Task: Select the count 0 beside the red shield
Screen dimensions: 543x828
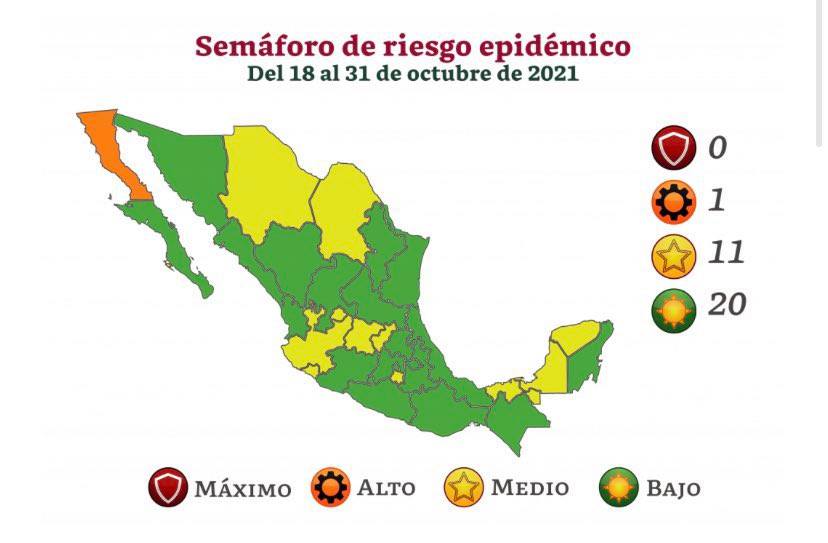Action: click(x=717, y=148)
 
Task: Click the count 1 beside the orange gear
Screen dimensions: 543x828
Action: click(x=717, y=200)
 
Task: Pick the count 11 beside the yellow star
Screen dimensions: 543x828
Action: click(x=726, y=252)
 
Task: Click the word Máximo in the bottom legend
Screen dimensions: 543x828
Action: click(x=243, y=489)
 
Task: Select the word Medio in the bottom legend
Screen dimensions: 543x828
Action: click(x=529, y=489)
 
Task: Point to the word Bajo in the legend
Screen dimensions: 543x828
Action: click(x=672, y=489)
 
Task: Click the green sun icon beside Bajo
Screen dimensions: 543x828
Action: click(x=619, y=488)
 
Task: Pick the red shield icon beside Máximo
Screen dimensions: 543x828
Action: click(x=168, y=488)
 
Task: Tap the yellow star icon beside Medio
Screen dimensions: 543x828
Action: click(x=463, y=488)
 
